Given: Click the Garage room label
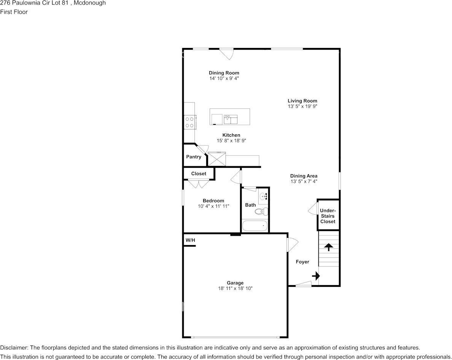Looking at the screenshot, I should tap(235, 283).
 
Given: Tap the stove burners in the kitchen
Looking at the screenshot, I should tap(189, 122).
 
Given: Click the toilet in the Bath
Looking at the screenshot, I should tap(261, 212).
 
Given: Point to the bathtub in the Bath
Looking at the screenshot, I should tap(255, 226).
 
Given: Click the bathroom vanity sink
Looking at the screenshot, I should tap(263, 197).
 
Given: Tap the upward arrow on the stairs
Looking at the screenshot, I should tap(328, 247).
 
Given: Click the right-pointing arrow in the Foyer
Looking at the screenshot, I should tap(316, 276).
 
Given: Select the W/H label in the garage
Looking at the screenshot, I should tap(190, 240).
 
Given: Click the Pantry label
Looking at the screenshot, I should tap(194, 157).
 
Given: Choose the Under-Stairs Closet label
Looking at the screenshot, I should tap(328, 216).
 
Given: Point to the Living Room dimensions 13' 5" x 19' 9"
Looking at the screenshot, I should tap(302, 107).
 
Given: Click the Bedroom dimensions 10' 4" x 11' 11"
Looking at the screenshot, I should tap(213, 206).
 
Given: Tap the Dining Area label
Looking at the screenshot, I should tap(304, 176).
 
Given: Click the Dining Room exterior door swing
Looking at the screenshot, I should tap(227, 54).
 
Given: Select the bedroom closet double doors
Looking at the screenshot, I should tap(199, 183).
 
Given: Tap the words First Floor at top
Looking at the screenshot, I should tap(14, 12).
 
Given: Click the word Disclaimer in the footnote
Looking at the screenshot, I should tap(14, 347).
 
